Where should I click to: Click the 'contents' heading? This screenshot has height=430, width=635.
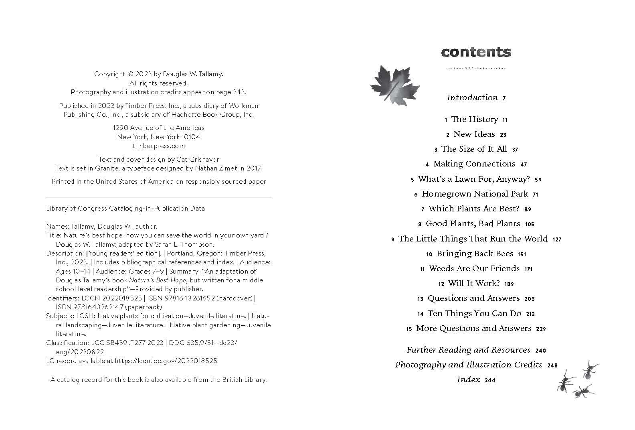[x=476, y=52]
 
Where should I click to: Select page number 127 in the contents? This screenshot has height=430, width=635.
[x=557, y=239]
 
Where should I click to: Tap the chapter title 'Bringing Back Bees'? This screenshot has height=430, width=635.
[x=475, y=254]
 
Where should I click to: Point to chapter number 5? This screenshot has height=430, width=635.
[x=412, y=180]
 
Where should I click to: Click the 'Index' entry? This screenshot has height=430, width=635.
[x=468, y=379]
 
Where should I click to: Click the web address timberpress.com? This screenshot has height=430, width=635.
[x=159, y=146]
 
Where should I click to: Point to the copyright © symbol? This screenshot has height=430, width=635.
[x=130, y=74]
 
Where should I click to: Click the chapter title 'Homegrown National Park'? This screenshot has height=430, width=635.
[x=475, y=194]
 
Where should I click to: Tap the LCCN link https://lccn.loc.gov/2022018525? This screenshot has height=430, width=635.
[x=166, y=361]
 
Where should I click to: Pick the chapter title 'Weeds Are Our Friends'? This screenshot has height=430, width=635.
[x=474, y=268]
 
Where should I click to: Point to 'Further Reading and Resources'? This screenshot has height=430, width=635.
[x=468, y=350]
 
